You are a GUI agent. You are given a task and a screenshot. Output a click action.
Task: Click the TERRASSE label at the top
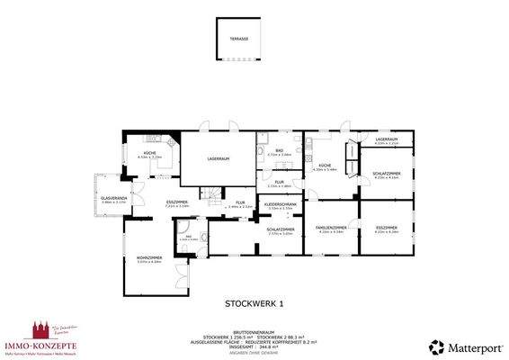[x=238, y=39]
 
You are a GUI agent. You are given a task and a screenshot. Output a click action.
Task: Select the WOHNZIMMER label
[x=148, y=260]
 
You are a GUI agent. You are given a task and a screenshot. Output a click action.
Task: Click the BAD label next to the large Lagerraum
[x=280, y=150]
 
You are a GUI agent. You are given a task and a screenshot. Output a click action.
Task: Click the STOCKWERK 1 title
[x=253, y=304]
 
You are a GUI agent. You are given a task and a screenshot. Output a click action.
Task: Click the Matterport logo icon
[x=436, y=346]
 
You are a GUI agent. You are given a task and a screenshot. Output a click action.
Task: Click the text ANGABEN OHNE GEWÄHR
[x=254, y=350]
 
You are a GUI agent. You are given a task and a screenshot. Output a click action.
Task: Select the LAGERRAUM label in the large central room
[x=219, y=158]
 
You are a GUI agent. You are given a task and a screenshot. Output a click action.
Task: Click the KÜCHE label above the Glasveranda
[x=149, y=154]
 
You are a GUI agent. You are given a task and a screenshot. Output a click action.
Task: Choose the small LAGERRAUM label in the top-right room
[x=387, y=139]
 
